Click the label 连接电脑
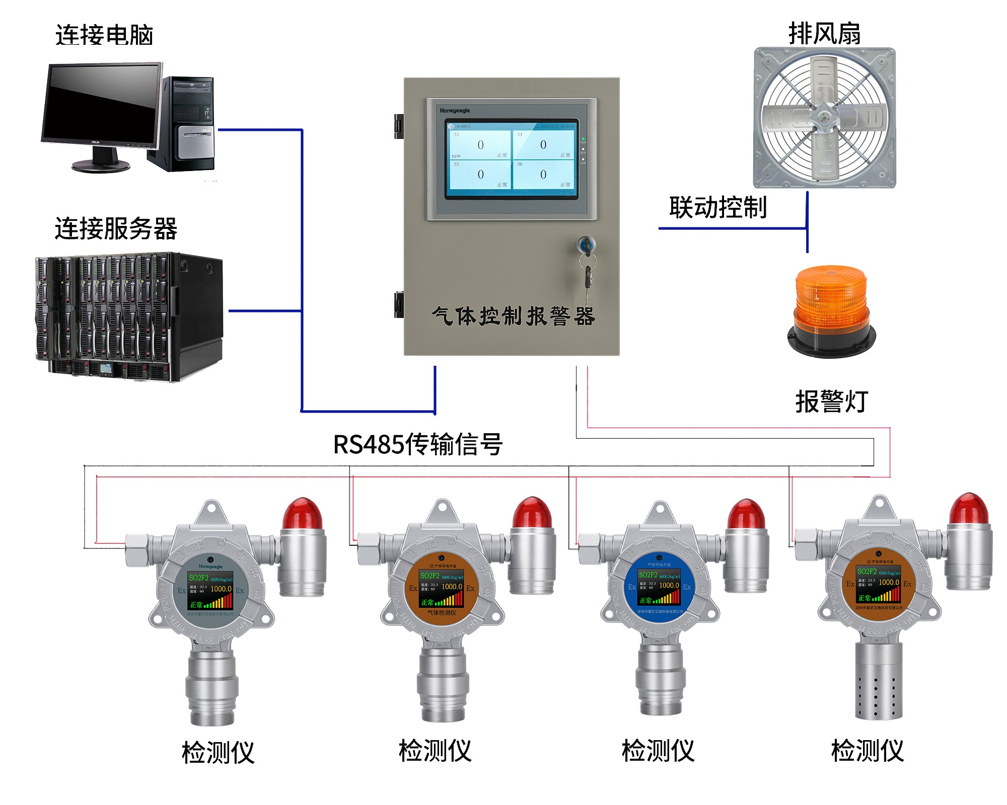[x=104, y=35]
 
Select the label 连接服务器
[x=116, y=229]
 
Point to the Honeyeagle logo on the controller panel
[x=454, y=111]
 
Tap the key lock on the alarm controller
[x=586, y=245]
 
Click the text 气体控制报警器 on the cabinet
[x=513, y=316]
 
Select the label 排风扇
[x=824, y=34]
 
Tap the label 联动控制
[x=717, y=207]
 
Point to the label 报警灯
[x=831, y=401]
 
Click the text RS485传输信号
[x=417, y=444]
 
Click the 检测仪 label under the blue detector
[x=658, y=751]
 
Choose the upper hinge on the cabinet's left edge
[x=399, y=126]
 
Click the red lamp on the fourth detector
[x=969, y=509]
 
